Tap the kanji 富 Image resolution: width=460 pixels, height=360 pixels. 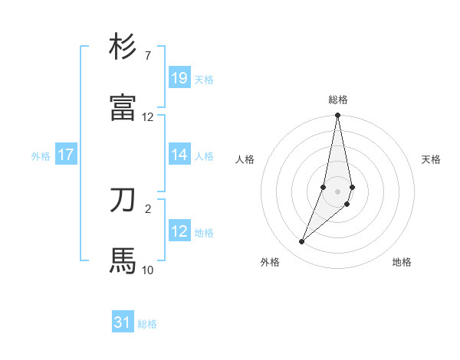point(123,107)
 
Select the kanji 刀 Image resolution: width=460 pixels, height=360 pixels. point(123,200)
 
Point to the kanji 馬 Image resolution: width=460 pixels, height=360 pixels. point(123,260)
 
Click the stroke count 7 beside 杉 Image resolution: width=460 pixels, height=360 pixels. point(147,56)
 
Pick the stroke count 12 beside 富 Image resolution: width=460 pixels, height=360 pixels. point(147,117)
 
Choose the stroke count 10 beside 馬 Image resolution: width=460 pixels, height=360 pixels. point(147,270)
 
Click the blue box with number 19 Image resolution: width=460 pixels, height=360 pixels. point(179,78)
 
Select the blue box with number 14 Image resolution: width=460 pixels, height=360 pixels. point(179,155)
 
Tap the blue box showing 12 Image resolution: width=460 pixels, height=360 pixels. point(179,231)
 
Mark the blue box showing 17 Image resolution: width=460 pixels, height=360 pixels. point(66,155)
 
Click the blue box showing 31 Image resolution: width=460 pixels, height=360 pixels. point(123,322)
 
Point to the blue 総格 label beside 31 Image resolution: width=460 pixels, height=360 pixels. point(147,324)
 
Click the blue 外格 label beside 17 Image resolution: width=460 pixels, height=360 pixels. point(41,156)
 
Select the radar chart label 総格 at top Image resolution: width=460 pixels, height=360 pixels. point(338,100)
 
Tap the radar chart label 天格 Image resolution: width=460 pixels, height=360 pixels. point(432,159)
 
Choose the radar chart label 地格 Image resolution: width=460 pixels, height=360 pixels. point(402,263)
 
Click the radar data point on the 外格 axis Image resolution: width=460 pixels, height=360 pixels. point(302,242)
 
